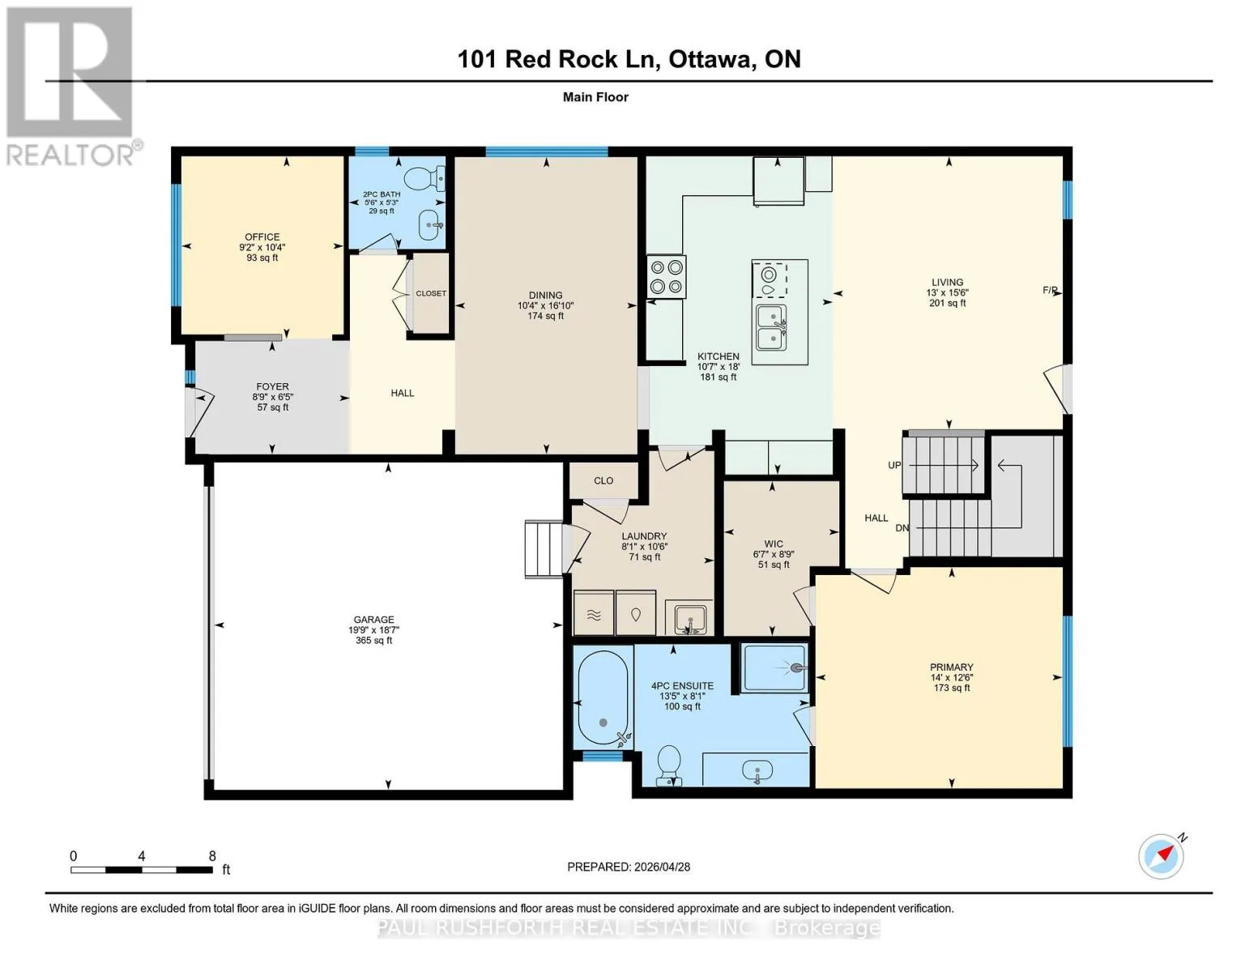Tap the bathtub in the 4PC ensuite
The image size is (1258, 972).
tap(603, 697)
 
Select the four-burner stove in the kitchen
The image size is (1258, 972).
tap(667, 277)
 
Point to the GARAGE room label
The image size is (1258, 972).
tap(374, 620)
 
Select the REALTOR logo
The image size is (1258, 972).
tap(70, 86)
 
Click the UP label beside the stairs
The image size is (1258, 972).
tap(894, 465)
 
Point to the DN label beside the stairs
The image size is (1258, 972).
tap(902, 527)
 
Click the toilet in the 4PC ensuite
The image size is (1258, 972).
tap(670, 765)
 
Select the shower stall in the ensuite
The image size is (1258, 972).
tap(775, 668)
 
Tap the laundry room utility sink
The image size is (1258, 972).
tap(689, 617)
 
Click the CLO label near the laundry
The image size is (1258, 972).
tap(603, 480)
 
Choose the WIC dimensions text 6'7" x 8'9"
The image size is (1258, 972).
tap(774, 554)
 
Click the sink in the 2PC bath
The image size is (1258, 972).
tap(431, 224)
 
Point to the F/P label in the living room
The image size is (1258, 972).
tap(1050, 290)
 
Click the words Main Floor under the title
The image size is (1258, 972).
tap(595, 97)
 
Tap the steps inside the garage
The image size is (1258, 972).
tap(544, 549)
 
